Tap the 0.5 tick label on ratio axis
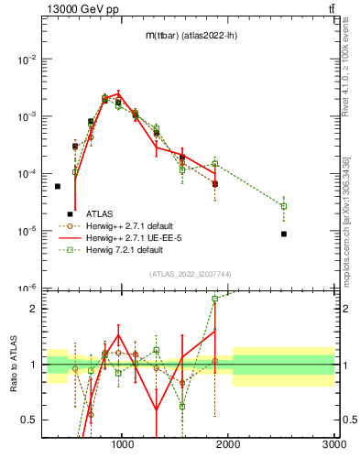[x=29, y=420]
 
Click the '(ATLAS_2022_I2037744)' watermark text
[x=190, y=274]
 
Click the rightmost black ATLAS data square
[x=284, y=234]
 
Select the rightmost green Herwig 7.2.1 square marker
[x=284, y=206]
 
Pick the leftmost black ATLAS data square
[x=57, y=186]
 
